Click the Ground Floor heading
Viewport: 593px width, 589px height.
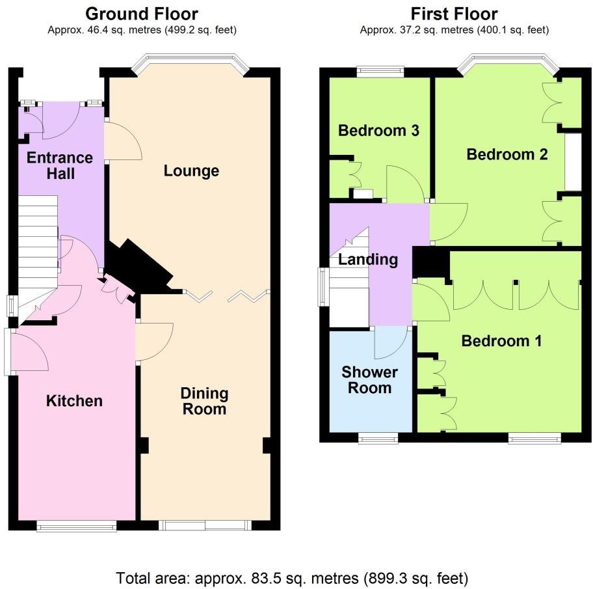[x=142, y=13]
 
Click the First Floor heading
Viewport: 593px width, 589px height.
[x=455, y=13]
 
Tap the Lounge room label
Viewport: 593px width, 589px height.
[x=191, y=171]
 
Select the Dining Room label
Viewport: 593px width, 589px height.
[x=204, y=402]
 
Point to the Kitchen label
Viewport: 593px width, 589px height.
[x=74, y=401]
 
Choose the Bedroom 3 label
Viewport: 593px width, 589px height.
[x=378, y=130]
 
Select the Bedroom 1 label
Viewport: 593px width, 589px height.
[x=501, y=341]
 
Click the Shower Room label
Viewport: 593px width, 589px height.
[x=369, y=380]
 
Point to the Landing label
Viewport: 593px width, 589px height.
[x=368, y=260]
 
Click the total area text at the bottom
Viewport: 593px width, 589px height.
[x=292, y=577]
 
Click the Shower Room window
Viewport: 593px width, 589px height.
[x=378, y=438]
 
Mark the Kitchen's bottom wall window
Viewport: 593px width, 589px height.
[x=77, y=526]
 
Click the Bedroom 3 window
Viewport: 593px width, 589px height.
[x=380, y=72]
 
